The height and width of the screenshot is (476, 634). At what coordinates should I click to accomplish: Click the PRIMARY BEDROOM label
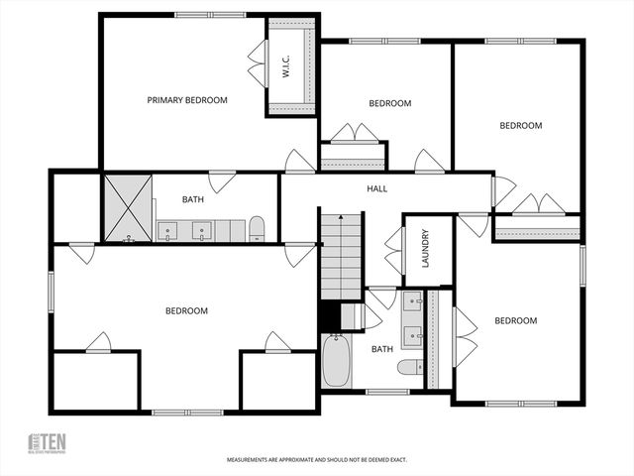pos(187,100)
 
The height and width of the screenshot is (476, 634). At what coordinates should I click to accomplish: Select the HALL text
pos(376,188)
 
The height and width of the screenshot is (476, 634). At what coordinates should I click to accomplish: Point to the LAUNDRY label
pos(425,250)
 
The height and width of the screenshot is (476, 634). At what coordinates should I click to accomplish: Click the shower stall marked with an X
pos(129,208)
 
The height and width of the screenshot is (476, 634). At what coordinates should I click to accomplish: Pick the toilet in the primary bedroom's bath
pos(257,229)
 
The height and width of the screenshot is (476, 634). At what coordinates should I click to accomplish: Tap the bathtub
pos(335,363)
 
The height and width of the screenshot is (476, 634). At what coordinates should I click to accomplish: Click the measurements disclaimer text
pos(317,460)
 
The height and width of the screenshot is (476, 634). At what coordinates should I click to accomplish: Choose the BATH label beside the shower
pos(193,199)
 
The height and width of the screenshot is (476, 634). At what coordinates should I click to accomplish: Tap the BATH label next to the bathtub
pos(381,349)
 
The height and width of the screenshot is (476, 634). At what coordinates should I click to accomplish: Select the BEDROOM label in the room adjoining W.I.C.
pos(389,103)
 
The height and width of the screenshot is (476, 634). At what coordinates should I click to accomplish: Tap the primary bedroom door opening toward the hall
pos(299,162)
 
